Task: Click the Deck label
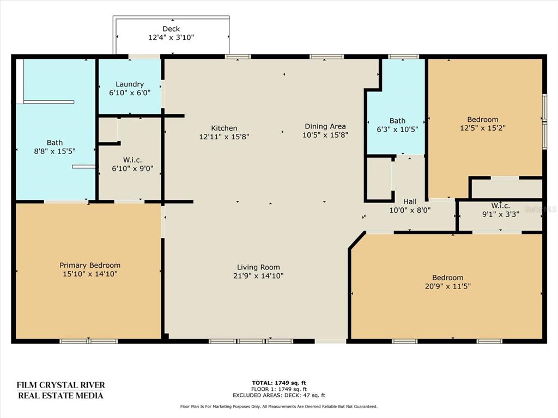coord(171,29)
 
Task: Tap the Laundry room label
coord(130,84)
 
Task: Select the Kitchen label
coord(224,128)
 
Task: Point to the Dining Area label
coord(325,126)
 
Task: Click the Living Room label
coord(258,267)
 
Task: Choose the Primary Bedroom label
coord(90,265)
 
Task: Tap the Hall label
coord(410,201)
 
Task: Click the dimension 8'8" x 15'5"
coord(55,151)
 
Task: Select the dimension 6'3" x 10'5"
coord(397,130)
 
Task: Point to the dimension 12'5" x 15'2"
coord(483,128)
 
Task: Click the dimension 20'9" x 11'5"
coord(448,286)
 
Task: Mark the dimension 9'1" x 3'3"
coord(501,214)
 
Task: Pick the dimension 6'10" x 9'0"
coord(133,169)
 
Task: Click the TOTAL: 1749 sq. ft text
coord(279,383)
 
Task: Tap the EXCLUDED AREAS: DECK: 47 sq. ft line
coord(279,395)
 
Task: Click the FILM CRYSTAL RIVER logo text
coord(61,385)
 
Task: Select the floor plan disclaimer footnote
coord(279,407)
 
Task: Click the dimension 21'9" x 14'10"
coord(258,276)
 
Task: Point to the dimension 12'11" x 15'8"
coord(224,137)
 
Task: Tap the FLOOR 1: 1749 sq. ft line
coord(279,389)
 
